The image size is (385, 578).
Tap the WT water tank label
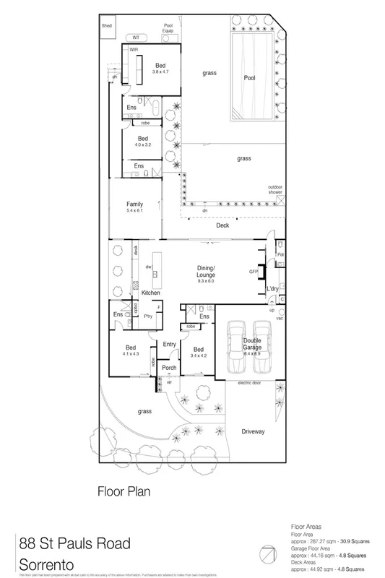[x=134, y=37]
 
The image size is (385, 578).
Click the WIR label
[x=134, y=50]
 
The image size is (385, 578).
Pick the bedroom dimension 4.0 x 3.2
[x=143, y=144]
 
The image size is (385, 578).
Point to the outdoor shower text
[x=274, y=189]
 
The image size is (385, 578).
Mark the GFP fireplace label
[x=254, y=272]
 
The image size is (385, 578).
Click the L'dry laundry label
[x=272, y=289]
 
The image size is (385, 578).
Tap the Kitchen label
[x=150, y=292]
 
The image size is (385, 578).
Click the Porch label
[x=169, y=368]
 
